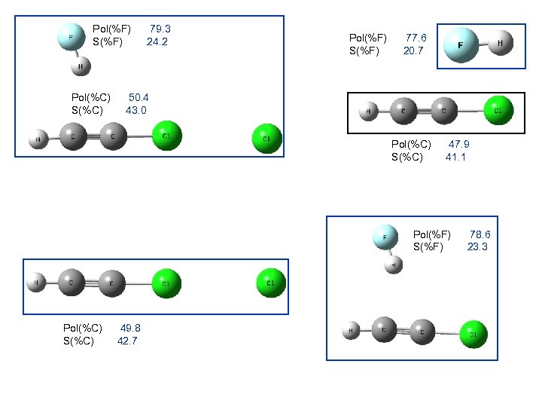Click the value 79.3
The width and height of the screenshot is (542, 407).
(x=160, y=29)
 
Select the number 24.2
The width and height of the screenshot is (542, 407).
(x=157, y=41)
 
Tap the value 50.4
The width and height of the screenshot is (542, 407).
(x=139, y=97)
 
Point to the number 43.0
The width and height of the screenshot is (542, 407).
(x=135, y=110)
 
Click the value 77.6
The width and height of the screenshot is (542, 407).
(x=416, y=38)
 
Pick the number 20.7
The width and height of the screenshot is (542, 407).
(x=413, y=50)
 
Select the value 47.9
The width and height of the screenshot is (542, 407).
(x=459, y=144)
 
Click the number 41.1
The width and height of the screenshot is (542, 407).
(x=455, y=157)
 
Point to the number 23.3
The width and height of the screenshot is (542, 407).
(x=477, y=246)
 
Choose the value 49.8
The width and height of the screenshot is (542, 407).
(x=130, y=328)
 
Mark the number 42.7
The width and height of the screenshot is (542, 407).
(x=127, y=340)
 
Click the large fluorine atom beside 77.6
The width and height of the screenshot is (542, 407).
(x=461, y=46)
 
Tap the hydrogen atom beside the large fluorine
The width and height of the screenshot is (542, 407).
(x=501, y=44)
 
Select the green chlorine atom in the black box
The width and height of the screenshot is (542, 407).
(x=498, y=111)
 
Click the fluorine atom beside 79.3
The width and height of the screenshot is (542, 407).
(x=72, y=36)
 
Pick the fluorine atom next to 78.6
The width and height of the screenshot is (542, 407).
(x=385, y=237)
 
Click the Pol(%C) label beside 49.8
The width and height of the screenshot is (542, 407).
(x=83, y=328)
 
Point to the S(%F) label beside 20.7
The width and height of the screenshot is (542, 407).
(x=365, y=50)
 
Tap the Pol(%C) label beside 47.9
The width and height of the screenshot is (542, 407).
(x=411, y=144)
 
